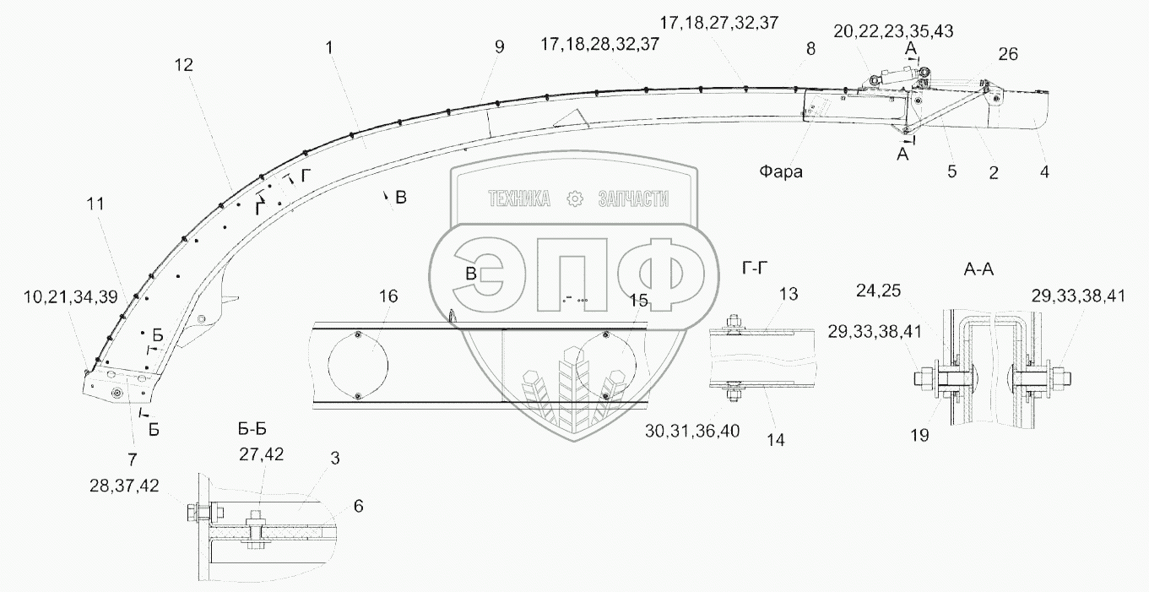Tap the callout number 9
499,47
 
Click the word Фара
779,172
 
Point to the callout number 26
1008,54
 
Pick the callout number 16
388,296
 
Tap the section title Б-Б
257,428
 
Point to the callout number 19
919,436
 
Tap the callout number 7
132,459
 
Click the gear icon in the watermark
575,198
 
